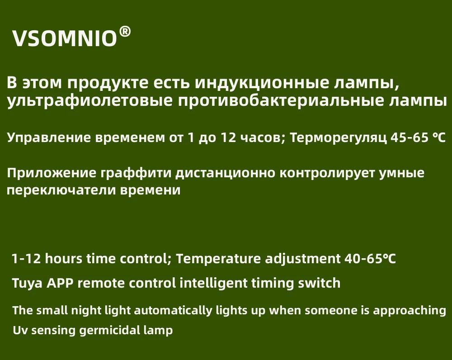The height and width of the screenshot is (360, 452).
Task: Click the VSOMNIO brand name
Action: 65,39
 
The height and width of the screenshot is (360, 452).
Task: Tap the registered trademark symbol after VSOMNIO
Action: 125,32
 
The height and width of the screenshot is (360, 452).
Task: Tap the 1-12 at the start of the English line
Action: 26,259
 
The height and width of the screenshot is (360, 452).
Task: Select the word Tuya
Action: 26,284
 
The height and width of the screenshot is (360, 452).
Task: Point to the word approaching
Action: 406,311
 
